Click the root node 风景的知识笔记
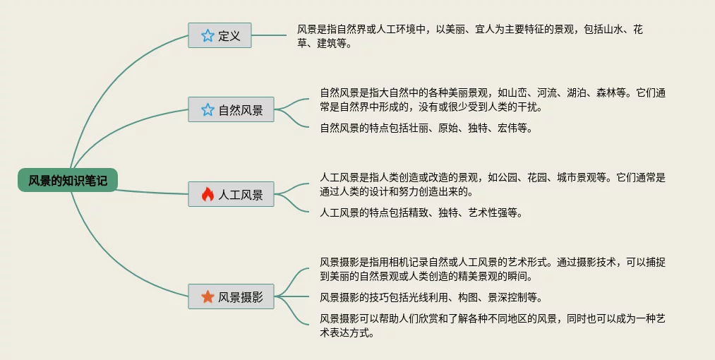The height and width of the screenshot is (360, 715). (x=68, y=181)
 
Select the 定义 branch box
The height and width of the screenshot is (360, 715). (x=220, y=35)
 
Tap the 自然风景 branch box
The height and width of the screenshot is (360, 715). (x=231, y=110)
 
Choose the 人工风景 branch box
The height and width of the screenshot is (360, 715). (x=231, y=195)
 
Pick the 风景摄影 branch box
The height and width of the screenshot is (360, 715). (x=231, y=297)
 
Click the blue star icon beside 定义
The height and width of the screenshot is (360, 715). (x=208, y=35)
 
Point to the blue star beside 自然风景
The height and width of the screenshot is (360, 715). (x=208, y=110)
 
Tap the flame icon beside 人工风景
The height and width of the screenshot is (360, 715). (x=208, y=195)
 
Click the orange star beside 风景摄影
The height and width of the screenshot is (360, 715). (x=208, y=297)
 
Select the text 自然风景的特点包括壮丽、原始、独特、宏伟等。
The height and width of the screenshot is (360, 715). (x=426, y=128)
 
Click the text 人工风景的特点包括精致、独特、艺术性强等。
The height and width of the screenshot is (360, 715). (x=421, y=212)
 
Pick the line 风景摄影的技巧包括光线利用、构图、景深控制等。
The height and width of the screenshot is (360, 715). (x=431, y=297)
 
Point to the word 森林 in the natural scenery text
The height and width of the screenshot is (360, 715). (x=607, y=92)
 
